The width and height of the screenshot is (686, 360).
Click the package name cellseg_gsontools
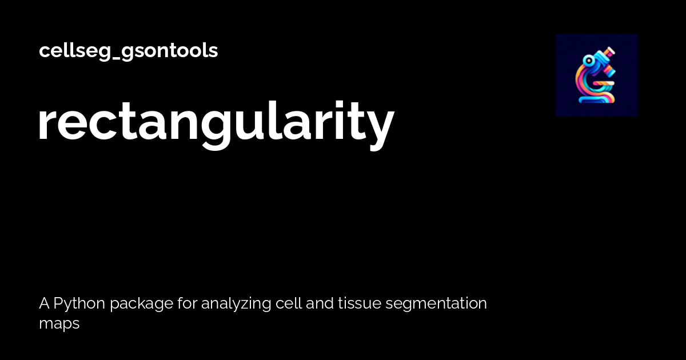[128, 51]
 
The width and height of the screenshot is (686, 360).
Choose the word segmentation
[436, 304]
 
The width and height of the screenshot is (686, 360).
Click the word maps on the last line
[59, 323]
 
